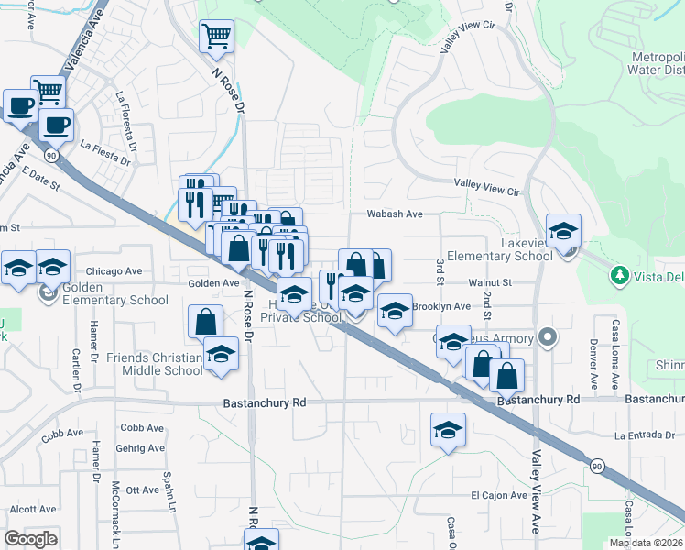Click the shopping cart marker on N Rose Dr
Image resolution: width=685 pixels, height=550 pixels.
click(216, 38)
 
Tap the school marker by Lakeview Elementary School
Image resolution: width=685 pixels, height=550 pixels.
click(564, 230)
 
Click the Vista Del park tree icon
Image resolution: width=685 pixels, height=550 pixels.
click(620, 274)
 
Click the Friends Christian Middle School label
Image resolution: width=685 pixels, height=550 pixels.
click(154, 364)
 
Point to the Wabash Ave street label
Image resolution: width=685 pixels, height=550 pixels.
click(394, 214)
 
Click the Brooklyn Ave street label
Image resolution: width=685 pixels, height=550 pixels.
click(441, 306)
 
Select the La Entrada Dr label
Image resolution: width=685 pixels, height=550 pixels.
click(647, 434)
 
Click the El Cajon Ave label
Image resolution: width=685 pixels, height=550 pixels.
click(499, 495)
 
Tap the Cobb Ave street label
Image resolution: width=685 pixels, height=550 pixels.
click(142, 427)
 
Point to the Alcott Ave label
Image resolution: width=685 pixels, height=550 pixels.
click(33, 509)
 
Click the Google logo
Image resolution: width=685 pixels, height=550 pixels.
click(30, 539)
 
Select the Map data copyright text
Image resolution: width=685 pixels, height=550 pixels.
click(647, 543)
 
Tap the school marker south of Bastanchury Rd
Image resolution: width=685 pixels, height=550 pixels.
click(448, 429)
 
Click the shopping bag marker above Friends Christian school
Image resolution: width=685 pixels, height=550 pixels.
click(205, 322)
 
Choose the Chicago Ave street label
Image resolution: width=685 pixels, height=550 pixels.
click(114, 271)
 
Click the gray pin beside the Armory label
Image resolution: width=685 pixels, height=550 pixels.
click(549, 338)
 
